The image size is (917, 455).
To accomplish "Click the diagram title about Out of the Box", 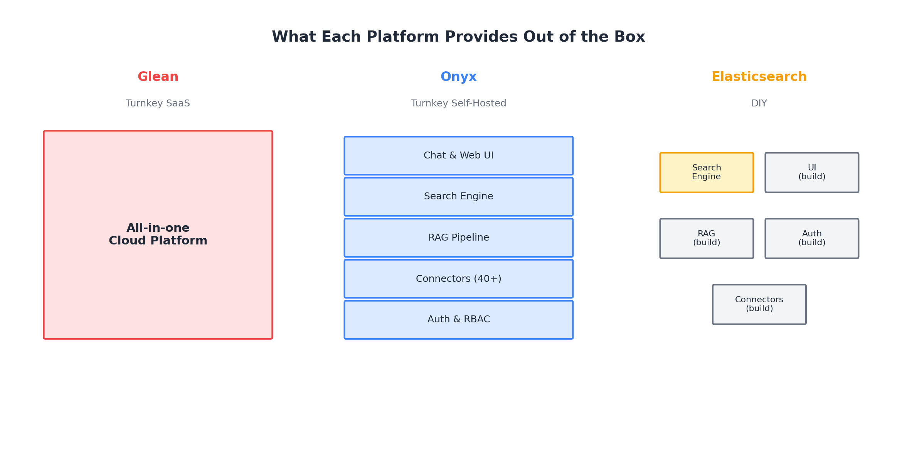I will pyautogui.click(x=458, y=37).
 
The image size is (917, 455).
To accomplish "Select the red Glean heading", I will pyautogui.click(x=158, y=77).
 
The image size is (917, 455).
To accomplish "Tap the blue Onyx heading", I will pyautogui.click(x=458, y=77).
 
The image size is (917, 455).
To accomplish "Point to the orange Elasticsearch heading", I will pyautogui.click(x=759, y=77).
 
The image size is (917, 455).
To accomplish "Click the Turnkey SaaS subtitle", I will pyautogui.click(x=158, y=103).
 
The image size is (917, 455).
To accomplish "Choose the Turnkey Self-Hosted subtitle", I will pyautogui.click(x=458, y=103).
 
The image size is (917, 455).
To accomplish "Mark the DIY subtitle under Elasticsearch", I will pyautogui.click(x=759, y=103).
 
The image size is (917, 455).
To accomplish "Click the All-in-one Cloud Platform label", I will pyautogui.click(x=158, y=234).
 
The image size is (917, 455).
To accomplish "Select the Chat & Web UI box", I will pyautogui.click(x=458, y=155).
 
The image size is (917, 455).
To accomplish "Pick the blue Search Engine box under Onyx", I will pyautogui.click(x=458, y=197).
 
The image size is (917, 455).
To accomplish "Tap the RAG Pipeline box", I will pyautogui.click(x=458, y=238).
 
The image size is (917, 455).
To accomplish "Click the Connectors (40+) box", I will pyautogui.click(x=458, y=279).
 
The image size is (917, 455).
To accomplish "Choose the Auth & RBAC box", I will pyautogui.click(x=458, y=320).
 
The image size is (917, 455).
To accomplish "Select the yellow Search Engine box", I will pyautogui.click(x=706, y=172).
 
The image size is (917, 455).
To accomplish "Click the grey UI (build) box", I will pyautogui.click(x=811, y=172).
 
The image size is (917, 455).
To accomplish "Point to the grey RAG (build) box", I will pyautogui.click(x=706, y=238).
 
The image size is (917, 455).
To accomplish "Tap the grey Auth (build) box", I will pyautogui.click(x=811, y=238).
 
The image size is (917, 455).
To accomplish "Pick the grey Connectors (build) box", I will pyautogui.click(x=759, y=304).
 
